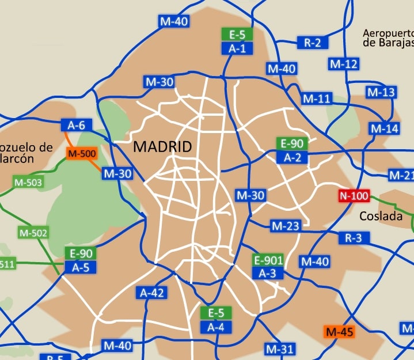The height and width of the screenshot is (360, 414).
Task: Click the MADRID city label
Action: tap(162, 147)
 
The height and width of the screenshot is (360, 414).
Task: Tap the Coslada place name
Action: tap(381, 217)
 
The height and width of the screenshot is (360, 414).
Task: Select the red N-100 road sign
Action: tap(354, 196)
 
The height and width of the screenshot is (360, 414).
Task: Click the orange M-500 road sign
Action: tap(81, 154)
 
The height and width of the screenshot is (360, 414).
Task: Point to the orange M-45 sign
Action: tap(340, 332)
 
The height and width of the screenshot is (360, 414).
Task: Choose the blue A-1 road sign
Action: tap(237, 48)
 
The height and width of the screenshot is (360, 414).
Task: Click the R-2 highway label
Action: tap(312, 42)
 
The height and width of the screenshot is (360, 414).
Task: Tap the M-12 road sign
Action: tap(344, 63)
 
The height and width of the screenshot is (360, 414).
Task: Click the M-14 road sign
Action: tap(385, 128)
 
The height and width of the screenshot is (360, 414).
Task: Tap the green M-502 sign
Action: tap(33, 233)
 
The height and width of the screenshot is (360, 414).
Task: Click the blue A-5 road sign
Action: tap(80, 267)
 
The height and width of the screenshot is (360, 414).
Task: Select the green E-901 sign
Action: tap(268, 260)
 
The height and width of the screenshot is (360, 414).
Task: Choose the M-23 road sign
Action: tap(286, 226)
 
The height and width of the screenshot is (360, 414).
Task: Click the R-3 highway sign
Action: tap(354, 237)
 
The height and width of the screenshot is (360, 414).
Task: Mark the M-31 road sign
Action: tap(280, 348)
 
